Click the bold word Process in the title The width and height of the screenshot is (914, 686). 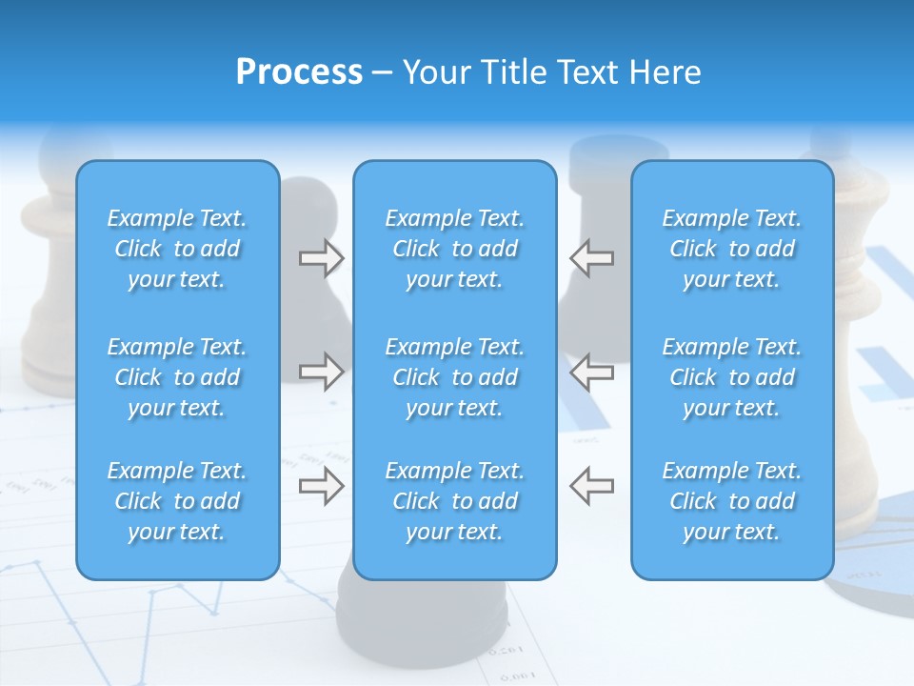point(299,72)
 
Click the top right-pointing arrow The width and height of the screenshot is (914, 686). point(321,258)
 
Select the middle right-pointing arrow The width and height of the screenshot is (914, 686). point(321,372)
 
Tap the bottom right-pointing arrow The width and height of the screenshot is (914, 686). point(321,486)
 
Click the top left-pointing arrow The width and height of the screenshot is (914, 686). point(591,258)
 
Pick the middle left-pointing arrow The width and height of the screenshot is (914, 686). point(591,372)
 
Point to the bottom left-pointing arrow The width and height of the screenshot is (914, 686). point(591,486)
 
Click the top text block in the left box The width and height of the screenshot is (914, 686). point(177,249)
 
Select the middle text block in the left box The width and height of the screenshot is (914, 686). point(177,377)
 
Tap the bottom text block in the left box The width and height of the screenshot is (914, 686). point(177,501)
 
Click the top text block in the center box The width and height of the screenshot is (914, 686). point(454,249)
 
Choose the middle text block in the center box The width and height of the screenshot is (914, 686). point(454,377)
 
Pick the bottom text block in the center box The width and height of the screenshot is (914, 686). point(454,501)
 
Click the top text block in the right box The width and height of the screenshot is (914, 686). point(731,249)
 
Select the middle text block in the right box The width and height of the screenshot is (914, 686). point(731,377)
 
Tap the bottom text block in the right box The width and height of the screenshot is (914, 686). point(731,501)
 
